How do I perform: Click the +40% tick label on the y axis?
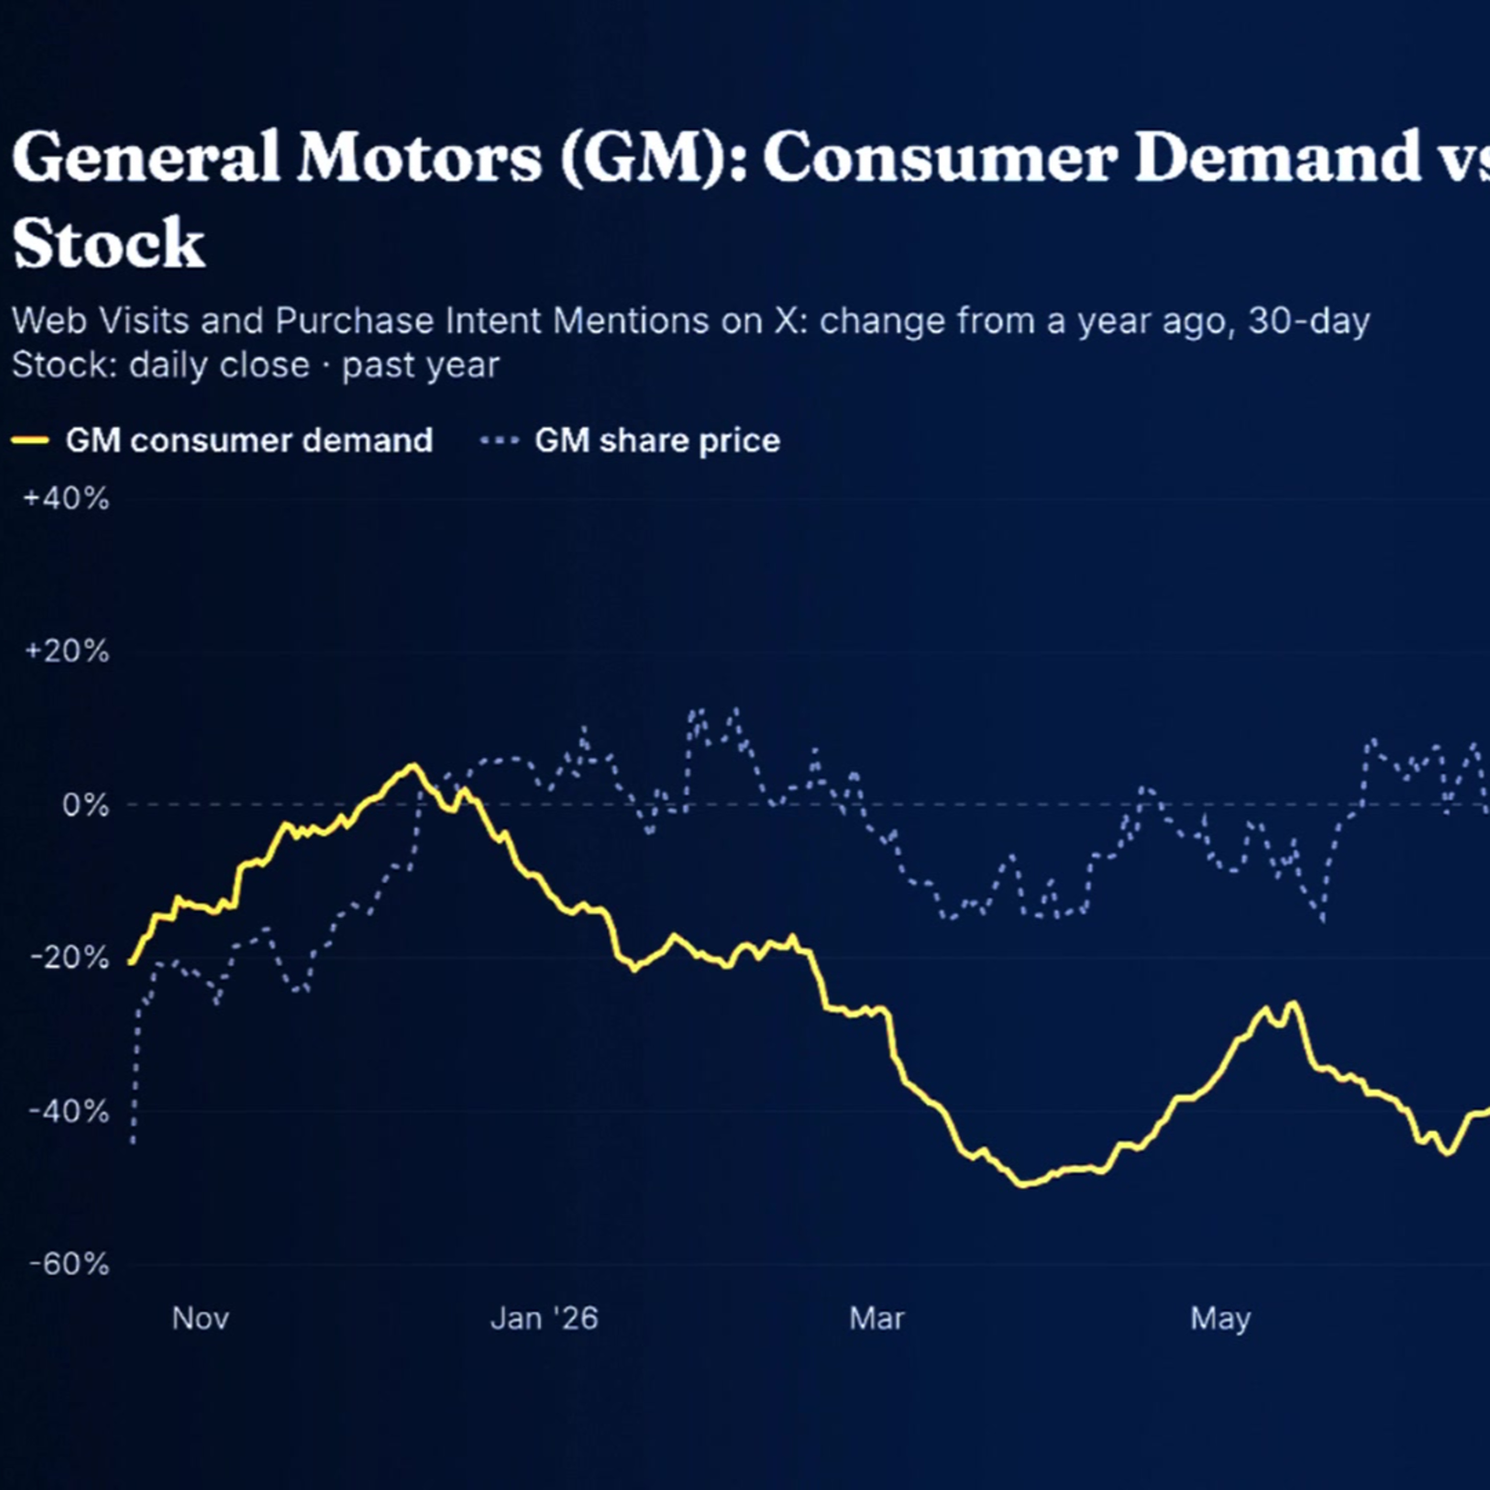tap(67, 499)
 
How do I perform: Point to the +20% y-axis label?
tap(67, 652)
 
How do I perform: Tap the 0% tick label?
tap(85, 805)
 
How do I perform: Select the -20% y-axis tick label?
tap(70, 958)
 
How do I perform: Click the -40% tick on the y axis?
tap(70, 1112)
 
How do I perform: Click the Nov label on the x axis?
tap(201, 1318)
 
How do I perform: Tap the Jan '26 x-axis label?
tap(544, 1318)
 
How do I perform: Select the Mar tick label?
tap(877, 1318)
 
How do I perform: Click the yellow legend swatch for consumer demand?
tap(31, 441)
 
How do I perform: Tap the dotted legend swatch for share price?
tap(500, 441)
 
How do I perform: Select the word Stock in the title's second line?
tap(109, 242)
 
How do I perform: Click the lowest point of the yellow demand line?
tap(1024, 1185)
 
